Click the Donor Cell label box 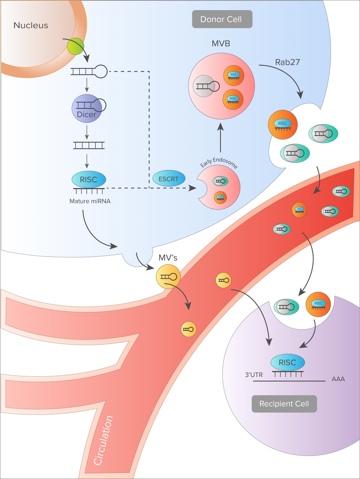coord(222,19)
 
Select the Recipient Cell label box coord(284,404)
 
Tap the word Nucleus coord(31,25)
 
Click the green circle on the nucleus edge coord(76,47)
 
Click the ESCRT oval coord(168,179)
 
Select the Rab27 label coord(287,62)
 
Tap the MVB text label coord(221,44)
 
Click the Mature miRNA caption coord(90,201)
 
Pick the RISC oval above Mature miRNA coord(89,179)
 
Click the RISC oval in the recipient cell coord(287,363)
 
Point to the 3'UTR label coord(254,375)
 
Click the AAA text coord(338,379)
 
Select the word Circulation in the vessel coord(103,440)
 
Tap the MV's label coord(168,258)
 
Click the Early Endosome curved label coord(219,162)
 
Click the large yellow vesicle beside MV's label coord(168,277)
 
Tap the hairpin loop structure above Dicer coord(89,72)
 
